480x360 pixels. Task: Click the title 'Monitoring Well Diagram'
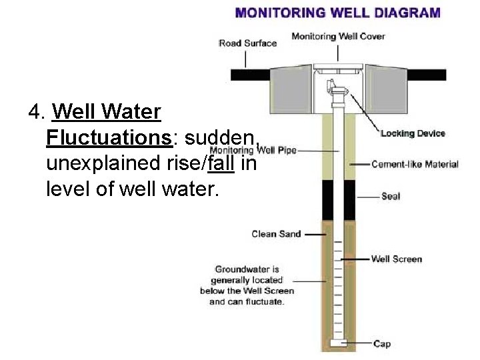(338, 12)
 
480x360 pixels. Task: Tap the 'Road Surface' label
(247, 43)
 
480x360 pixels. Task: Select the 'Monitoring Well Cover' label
(338, 36)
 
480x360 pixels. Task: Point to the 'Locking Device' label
(413, 133)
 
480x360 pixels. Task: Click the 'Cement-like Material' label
(415, 164)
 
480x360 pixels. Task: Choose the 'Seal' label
(391, 197)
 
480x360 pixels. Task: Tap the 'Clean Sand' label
(276, 234)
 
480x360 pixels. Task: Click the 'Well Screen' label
(396, 259)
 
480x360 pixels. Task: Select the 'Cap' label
(382, 343)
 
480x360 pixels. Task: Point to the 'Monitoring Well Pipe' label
(253, 150)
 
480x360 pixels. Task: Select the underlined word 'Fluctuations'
(109, 138)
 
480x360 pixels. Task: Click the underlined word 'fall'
(221, 163)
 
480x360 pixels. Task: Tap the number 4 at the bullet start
(35, 111)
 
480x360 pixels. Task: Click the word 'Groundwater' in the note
(247, 270)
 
